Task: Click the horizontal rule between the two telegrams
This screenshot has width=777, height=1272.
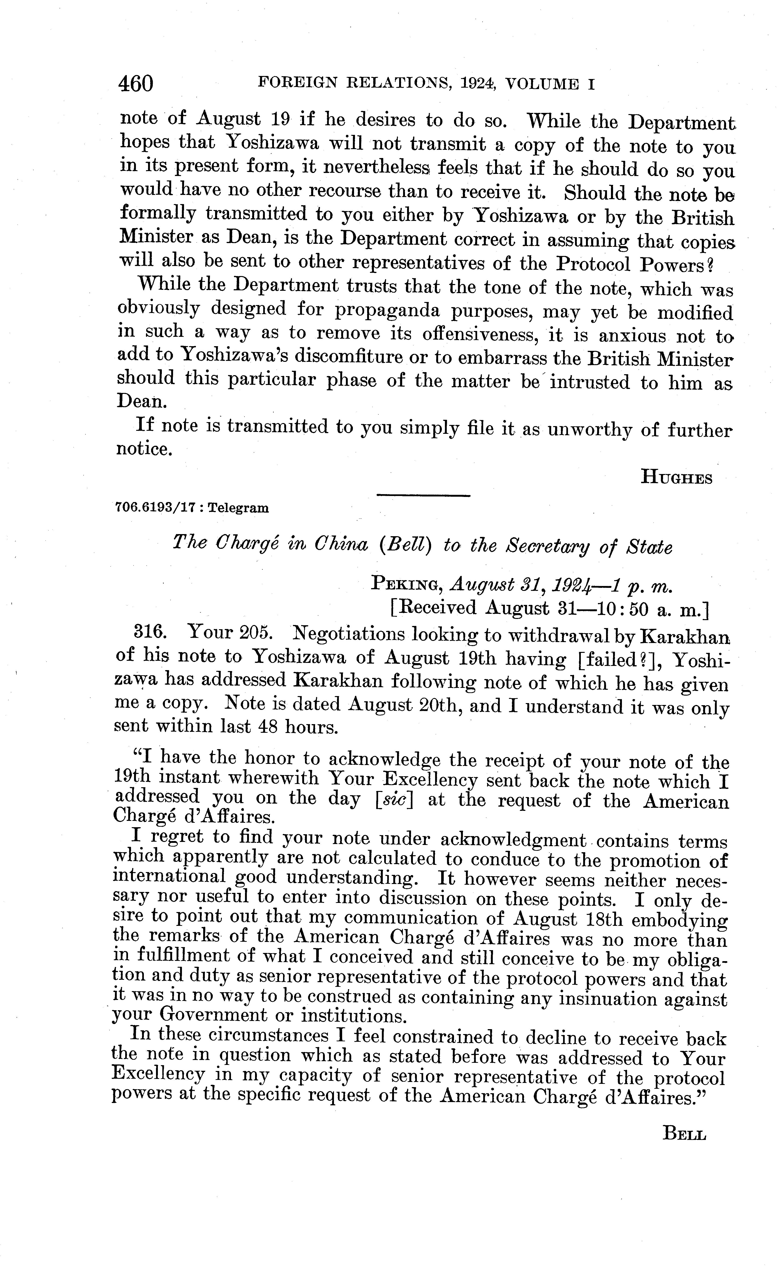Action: coord(423,496)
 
